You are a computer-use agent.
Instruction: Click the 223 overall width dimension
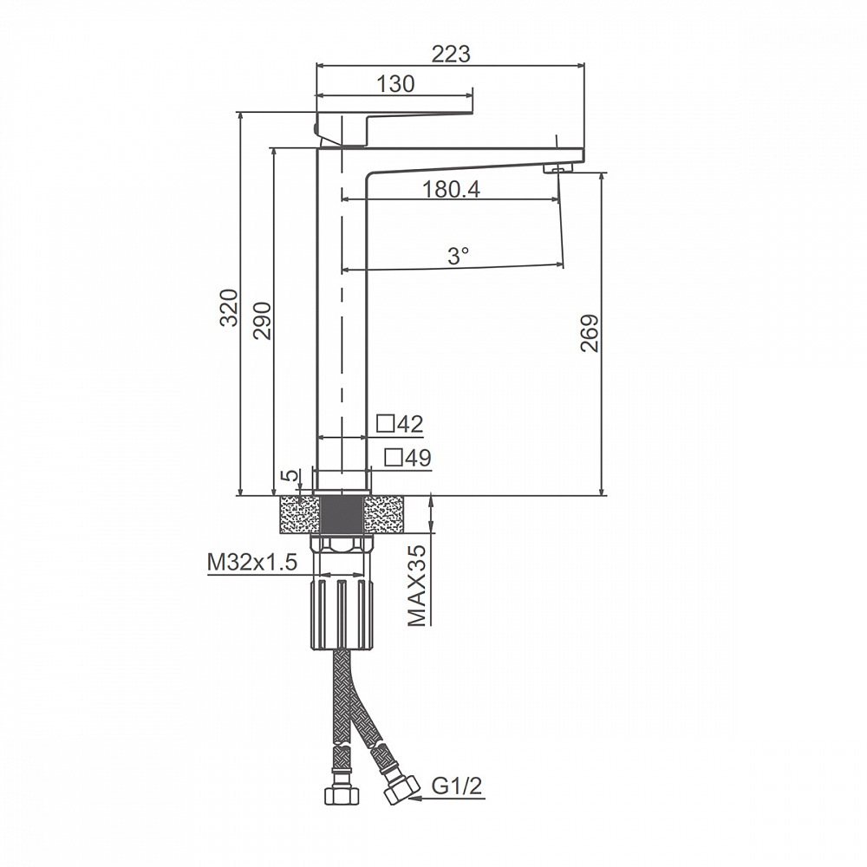pos(451,54)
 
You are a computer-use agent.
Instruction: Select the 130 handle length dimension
pos(395,84)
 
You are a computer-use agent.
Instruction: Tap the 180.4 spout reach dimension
pos(451,190)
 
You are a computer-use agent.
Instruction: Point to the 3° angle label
pos(458,256)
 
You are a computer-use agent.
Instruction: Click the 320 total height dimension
pos(229,308)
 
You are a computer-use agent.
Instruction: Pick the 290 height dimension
pos(262,320)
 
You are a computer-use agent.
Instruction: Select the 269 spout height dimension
pos(590,333)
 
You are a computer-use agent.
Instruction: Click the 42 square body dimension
pos(400,424)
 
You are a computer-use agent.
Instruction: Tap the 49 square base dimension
pos(408,458)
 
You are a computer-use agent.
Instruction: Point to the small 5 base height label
pos(290,475)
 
